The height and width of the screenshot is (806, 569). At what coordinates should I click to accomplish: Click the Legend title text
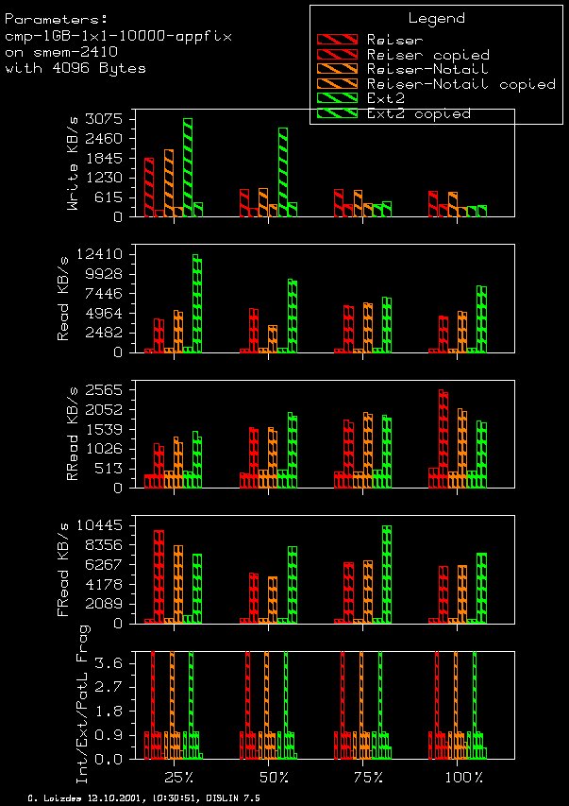coord(436,18)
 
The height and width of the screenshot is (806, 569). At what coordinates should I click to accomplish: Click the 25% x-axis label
coord(178,777)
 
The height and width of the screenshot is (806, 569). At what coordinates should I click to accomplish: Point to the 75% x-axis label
coord(368,777)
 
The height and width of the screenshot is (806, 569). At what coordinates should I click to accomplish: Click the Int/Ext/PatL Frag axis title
coord(82,703)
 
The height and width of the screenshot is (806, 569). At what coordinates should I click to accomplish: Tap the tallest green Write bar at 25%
coord(188,167)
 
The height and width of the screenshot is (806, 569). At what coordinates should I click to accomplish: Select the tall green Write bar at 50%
coord(282,172)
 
